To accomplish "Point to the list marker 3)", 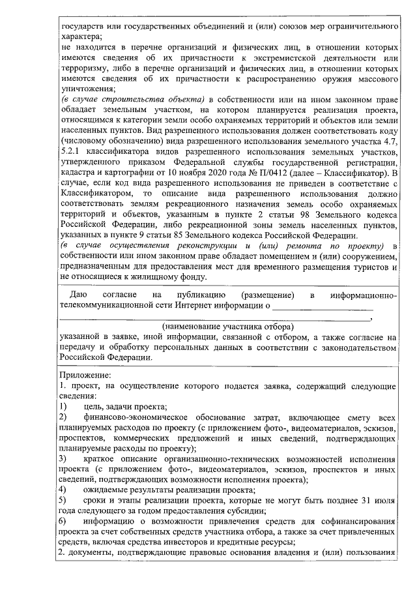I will (x=63, y=459).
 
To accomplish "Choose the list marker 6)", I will (x=63, y=522).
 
